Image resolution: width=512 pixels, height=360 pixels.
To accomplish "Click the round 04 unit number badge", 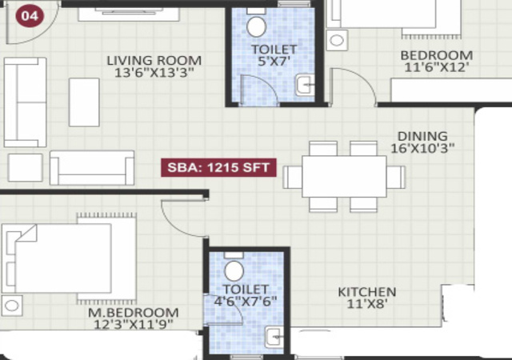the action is point(30,16).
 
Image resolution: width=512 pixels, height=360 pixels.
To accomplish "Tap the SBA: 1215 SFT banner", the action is point(218,167).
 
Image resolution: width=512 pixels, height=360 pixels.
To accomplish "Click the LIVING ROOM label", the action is point(154,61).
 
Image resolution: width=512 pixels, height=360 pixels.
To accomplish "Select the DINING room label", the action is point(422,136).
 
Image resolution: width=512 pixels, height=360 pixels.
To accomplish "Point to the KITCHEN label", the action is point(367,292).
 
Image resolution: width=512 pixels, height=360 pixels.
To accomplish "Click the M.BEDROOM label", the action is point(134,313).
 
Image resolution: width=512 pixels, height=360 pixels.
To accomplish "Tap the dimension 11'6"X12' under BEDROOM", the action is point(437,67).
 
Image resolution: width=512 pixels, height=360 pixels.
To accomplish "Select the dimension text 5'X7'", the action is point(274,61).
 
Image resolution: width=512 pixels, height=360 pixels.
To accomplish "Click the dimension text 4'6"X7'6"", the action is point(246,301).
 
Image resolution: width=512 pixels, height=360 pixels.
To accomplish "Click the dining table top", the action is point(344,177).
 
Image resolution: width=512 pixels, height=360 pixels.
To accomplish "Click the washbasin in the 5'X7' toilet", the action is point(306,86).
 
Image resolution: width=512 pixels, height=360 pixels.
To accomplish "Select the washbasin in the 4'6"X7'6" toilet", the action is point(274,337).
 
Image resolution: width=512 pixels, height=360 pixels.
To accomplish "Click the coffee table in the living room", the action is point(84,102).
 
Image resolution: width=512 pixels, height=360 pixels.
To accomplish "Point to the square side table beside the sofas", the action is point(25,167).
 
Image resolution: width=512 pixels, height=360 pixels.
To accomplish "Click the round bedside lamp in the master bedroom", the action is point(12,306).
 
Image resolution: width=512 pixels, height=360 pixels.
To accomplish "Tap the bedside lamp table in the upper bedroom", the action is point(337,40).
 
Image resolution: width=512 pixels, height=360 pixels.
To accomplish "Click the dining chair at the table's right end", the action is point(396,177).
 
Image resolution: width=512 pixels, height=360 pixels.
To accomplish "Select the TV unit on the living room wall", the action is point(129,14).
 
